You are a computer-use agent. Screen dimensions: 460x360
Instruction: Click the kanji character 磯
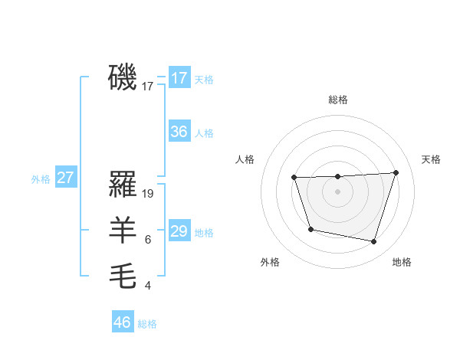coord(123,77)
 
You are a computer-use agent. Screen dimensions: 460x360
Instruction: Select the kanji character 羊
coord(123,231)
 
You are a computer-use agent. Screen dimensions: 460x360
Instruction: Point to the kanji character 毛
coord(123,277)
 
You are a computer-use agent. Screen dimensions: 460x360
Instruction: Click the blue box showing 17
coord(179,77)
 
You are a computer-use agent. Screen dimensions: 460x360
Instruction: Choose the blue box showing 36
coord(179,131)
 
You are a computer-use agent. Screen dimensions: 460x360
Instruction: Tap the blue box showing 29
coord(179,231)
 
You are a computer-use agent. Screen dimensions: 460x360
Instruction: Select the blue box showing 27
coord(66,178)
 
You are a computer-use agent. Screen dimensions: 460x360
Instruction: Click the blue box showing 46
coord(123,322)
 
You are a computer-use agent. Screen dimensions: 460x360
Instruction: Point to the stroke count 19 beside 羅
coord(149,194)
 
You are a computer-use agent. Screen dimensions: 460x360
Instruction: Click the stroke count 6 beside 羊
coord(147,240)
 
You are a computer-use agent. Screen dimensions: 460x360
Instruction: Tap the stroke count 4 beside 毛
coord(147,286)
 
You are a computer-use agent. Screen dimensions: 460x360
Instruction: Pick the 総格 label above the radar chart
coord(338,100)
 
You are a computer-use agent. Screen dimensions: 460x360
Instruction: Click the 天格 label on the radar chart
coord(431,159)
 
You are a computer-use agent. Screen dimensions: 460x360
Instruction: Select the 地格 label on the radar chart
coord(402,262)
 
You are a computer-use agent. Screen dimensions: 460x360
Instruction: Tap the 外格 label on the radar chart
coord(270,262)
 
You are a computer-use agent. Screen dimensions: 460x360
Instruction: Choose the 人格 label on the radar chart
coord(245,159)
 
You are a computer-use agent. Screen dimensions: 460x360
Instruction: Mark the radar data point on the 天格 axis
coord(396,172)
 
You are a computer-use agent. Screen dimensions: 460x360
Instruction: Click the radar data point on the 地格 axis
coord(374,241)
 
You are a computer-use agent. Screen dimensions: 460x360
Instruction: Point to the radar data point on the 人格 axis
coord(294,178)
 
